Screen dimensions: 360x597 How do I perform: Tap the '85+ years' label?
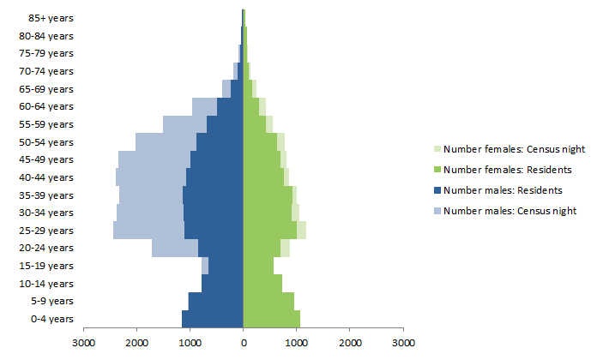[x=51, y=18]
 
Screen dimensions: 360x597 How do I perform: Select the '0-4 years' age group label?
[x=52, y=319]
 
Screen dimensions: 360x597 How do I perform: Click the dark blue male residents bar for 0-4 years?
[x=213, y=319]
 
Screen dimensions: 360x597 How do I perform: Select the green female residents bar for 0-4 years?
[x=271, y=319]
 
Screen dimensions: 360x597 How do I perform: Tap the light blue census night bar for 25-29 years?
[x=148, y=231]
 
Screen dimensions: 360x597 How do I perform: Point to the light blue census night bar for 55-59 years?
[x=184, y=124]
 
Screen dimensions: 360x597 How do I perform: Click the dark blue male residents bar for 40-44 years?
[x=214, y=177]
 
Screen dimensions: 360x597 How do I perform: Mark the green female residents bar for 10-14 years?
[x=262, y=283]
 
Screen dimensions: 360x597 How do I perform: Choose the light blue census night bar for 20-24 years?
[x=175, y=248]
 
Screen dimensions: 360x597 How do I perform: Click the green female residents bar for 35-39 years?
[x=268, y=195]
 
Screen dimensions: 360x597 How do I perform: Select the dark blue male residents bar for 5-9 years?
[x=216, y=301]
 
